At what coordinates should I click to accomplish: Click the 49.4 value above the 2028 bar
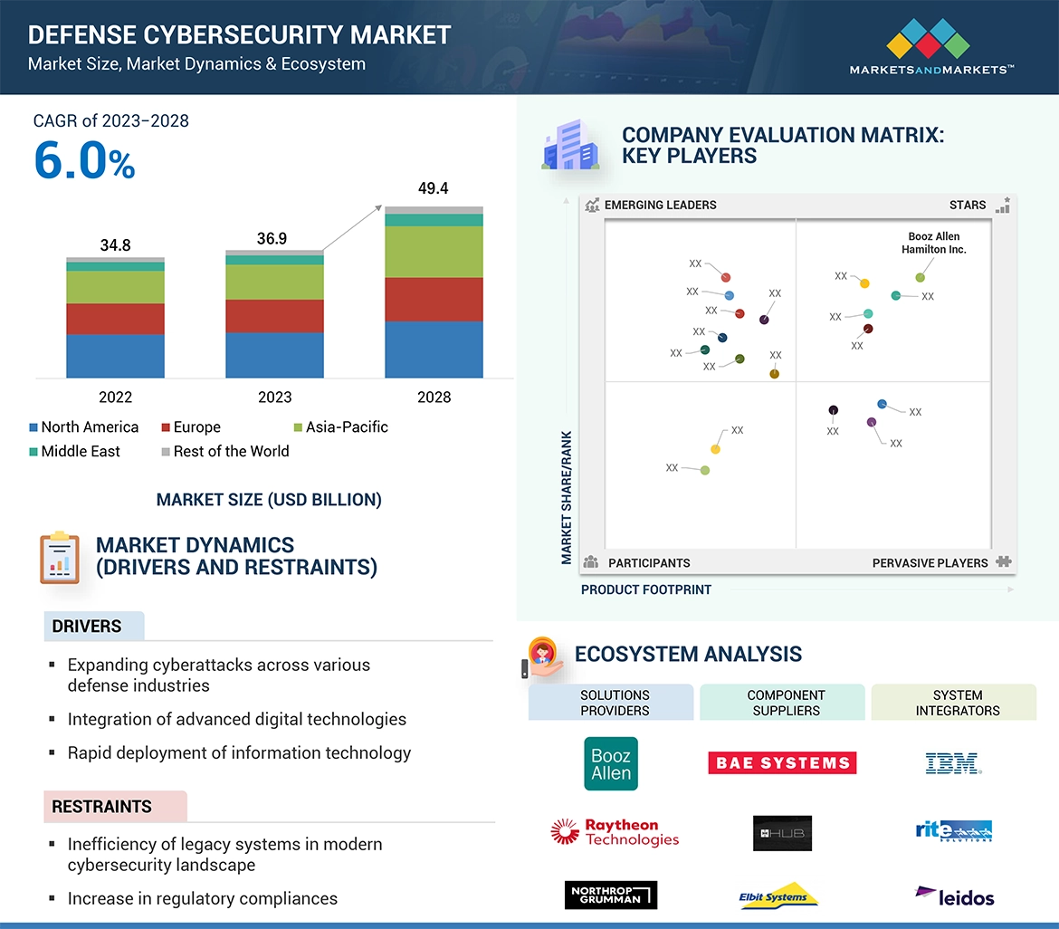(x=434, y=188)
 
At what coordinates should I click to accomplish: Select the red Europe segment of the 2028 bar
(x=434, y=299)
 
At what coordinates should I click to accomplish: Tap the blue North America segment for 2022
(x=115, y=356)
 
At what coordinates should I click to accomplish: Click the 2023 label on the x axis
(x=274, y=397)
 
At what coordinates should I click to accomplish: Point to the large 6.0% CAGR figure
(x=84, y=161)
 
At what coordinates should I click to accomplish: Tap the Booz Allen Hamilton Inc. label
(x=933, y=243)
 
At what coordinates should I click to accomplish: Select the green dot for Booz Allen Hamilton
(x=921, y=278)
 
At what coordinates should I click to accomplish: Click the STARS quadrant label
(x=967, y=206)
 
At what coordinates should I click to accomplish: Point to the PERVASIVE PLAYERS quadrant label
(x=930, y=563)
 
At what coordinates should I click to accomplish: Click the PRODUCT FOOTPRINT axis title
(x=645, y=589)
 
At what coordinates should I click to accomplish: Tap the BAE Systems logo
(x=782, y=762)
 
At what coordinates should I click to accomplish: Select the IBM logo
(x=953, y=764)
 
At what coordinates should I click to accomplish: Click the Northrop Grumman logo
(x=610, y=895)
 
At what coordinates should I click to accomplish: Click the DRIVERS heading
(x=87, y=627)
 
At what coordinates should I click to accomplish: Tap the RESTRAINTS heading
(x=101, y=806)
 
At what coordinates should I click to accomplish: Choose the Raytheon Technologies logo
(x=615, y=832)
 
